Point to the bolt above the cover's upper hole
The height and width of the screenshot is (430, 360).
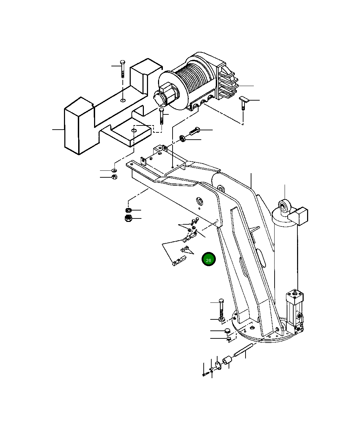click(122, 69)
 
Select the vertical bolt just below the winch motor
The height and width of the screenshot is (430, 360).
click(161, 116)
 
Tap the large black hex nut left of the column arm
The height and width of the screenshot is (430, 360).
click(128, 218)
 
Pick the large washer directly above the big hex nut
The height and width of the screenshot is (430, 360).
click(128, 210)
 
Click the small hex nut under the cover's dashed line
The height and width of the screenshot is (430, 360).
click(114, 177)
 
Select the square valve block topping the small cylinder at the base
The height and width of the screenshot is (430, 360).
click(295, 296)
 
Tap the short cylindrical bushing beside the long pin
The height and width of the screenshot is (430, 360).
click(227, 362)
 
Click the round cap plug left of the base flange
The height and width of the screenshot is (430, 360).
click(227, 331)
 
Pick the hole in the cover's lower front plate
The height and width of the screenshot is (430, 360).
click(135, 130)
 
